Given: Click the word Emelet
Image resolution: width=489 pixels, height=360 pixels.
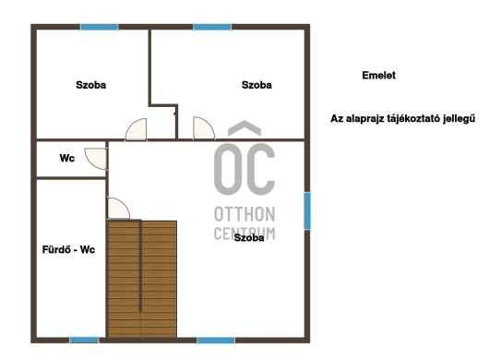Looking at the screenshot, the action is [378, 75].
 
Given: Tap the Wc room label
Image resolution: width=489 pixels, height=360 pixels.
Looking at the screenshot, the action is [67, 158].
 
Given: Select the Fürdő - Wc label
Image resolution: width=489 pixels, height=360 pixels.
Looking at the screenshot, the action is [68, 249].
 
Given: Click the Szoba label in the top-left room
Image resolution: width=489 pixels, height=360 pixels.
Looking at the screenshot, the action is [91, 85].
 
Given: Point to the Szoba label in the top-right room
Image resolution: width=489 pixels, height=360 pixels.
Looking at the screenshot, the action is [256, 85].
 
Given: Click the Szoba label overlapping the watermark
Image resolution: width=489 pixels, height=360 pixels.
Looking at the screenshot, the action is [249, 238].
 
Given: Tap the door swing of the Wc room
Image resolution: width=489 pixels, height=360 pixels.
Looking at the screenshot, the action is [96, 159].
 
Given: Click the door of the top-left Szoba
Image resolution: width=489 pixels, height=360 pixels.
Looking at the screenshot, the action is [136, 129].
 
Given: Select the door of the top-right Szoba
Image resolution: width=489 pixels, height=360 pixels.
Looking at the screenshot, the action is [204, 128].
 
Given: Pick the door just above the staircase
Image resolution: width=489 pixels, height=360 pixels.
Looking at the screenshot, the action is [118, 208].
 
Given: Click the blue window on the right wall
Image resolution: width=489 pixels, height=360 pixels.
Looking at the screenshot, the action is [307, 210].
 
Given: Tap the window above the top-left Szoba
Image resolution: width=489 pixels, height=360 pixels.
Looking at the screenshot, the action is [100, 27].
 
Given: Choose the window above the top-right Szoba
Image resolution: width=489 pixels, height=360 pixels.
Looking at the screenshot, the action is [212, 27].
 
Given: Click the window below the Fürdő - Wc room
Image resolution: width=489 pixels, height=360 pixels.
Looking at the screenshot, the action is [84, 340].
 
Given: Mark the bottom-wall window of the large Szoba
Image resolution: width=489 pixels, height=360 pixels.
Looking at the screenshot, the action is [216, 341].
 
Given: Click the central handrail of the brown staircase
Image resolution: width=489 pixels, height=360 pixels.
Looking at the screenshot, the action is [140, 266].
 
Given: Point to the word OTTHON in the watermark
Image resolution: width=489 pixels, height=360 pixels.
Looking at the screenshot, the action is [244, 214].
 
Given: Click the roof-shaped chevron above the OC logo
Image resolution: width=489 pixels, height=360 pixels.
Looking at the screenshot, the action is [244, 127].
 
